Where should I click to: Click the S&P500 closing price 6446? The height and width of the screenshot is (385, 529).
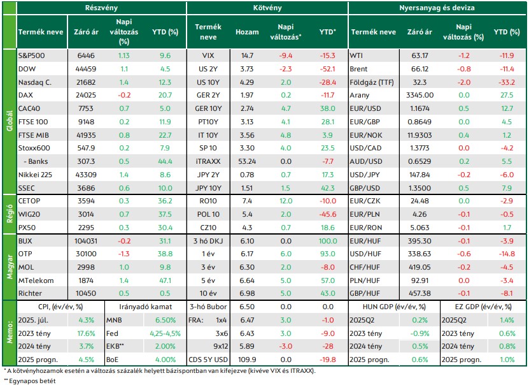pyautogui.click(x=86, y=55)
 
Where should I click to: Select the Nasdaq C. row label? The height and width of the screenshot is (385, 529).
pyautogui.click(x=35, y=82)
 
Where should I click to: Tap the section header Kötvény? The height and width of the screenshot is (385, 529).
pyautogui.click(x=267, y=8)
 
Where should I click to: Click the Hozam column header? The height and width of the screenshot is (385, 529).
pyautogui.click(x=247, y=32)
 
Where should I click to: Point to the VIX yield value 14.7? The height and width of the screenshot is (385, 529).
pyautogui.click(x=247, y=55)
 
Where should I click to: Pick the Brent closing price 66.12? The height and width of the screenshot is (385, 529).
pyautogui.click(x=420, y=69)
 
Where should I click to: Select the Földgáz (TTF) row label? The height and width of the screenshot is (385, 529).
pyautogui.click(x=372, y=82)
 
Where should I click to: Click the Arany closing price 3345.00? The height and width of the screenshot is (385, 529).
pyautogui.click(x=420, y=95)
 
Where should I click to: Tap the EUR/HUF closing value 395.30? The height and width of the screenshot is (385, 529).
pyautogui.click(x=420, y=241)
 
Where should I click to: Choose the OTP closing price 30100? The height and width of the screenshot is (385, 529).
pyautogui.click(x=86, y=254)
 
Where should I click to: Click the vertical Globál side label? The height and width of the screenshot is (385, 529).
pyautogui.click(x=10, y=121)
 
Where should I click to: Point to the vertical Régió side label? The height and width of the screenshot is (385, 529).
pyautogui.click(x=10, y=214)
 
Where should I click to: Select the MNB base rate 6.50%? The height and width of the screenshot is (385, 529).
pyautogui.click(x=166, y=320)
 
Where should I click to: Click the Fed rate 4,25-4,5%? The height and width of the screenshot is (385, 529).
pyautogui.click(x=166, y=333)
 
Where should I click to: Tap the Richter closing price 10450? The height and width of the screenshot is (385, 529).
pyautogui.click(x=86, y=293)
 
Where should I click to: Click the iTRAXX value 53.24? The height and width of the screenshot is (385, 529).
pyautogui.click(x=247, y=161)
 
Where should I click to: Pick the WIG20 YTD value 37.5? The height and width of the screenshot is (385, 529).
pyautogui.click(x=165, y=214)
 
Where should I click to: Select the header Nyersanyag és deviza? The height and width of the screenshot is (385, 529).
pyautogui.click(x=437, y=8)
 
